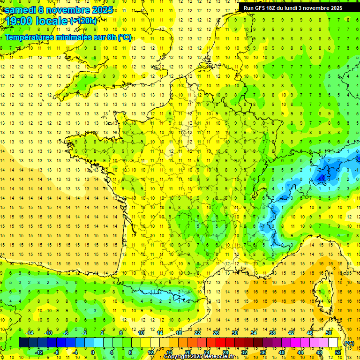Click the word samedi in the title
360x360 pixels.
coord(20,9)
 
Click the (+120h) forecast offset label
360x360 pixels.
coord(83,21)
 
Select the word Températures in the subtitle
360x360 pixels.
coord(30,37)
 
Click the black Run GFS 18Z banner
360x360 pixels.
coord(293,7)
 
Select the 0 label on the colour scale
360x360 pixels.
coord(93,352)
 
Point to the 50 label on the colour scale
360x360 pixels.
coord(328,333)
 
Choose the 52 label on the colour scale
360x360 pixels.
coord(337,352)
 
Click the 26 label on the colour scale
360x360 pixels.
coord(216,333)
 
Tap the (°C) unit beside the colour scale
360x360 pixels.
coord(349,343)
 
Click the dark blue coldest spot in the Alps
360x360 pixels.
coord(322,178)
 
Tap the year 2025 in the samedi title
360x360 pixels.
coord(102,9)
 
